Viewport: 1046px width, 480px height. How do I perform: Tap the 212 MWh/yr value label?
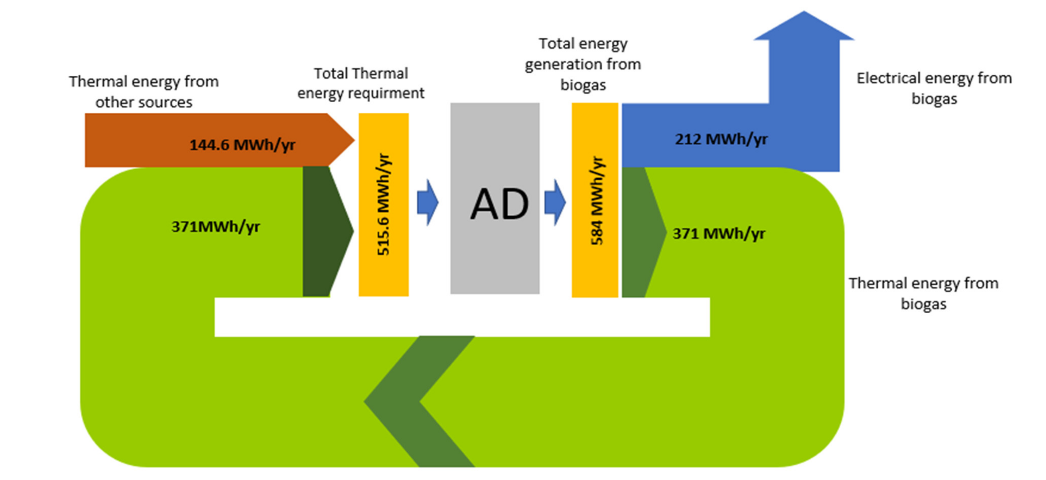[x=721, y=139]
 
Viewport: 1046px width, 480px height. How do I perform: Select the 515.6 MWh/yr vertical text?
[x=383, y=204]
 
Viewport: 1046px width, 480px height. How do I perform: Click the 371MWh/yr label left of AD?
[x=215, y=227]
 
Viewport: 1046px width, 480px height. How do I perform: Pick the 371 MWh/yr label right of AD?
[x=719, y=233]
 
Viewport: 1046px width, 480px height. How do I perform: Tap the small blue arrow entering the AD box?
[x=428, y=202]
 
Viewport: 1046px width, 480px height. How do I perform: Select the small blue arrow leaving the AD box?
[x=555, y=202]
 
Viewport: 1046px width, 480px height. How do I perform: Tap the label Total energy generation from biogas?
[x=583, y=64]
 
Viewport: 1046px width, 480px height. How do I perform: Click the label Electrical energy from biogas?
[x=934, y=88]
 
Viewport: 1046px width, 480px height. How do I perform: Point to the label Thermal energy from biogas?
[x=923, y=293]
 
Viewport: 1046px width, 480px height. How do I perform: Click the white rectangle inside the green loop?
[x=462, y=317]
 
